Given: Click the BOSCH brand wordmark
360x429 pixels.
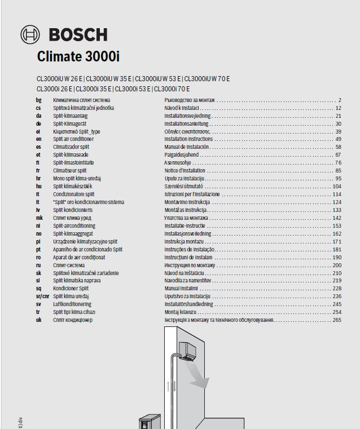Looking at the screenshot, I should point(78,35).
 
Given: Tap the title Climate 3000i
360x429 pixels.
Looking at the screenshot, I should point(78,57).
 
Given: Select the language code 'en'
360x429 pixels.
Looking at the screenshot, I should point(38,139).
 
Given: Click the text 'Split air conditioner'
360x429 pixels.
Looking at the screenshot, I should point(73,139).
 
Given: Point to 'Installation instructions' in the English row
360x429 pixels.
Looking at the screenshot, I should point(188,139).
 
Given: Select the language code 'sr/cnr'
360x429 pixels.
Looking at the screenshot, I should point(42,296).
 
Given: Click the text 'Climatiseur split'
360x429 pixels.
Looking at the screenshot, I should point(70,170).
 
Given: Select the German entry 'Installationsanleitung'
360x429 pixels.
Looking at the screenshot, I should point(187,123).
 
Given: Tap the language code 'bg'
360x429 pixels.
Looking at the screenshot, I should point(38,100).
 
